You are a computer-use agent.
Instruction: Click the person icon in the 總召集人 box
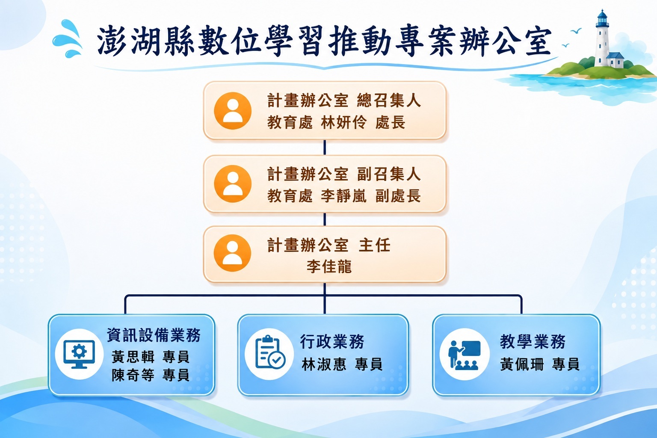pyautogui.click(x=233, y=111)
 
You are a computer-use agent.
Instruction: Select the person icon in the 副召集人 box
pyautogui.click(x=233, y=183)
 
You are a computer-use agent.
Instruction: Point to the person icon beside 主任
pyautogui.click(x=232, y=253)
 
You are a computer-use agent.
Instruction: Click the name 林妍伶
pyautogui.click(x=344, y=122)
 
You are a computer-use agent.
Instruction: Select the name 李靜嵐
pyautogui.click(x=344, y=196)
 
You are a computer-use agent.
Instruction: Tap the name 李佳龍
pyautogui.click(x=329, y=266)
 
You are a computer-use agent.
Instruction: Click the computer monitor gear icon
pyautogui.click(x=79, y=354)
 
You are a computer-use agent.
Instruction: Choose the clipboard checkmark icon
pyautogui.click(x=269, y=352)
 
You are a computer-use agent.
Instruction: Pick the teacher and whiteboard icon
pyautogui.click(x=465, y=355)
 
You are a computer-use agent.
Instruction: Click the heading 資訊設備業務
pyautogui.click(x=154, y=335)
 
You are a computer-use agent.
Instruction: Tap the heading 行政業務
pyautogui.click(x=332, y=341)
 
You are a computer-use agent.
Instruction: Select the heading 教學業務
pyautogui.click(x=533, y=341)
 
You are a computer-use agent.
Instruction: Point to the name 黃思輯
pyautogui.click(x=133, y=357)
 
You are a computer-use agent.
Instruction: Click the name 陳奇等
pyautogui.click(x=133, y=375)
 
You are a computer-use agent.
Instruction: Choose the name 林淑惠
pyautogui.click(x=324, y=364)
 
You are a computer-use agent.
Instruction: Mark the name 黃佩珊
pyautogui.click(x=522, y=364)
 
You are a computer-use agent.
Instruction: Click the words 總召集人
pyautogui.click(x=389, y=101)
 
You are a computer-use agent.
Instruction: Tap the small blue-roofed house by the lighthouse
pyautogui.click(x=615, y=60)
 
